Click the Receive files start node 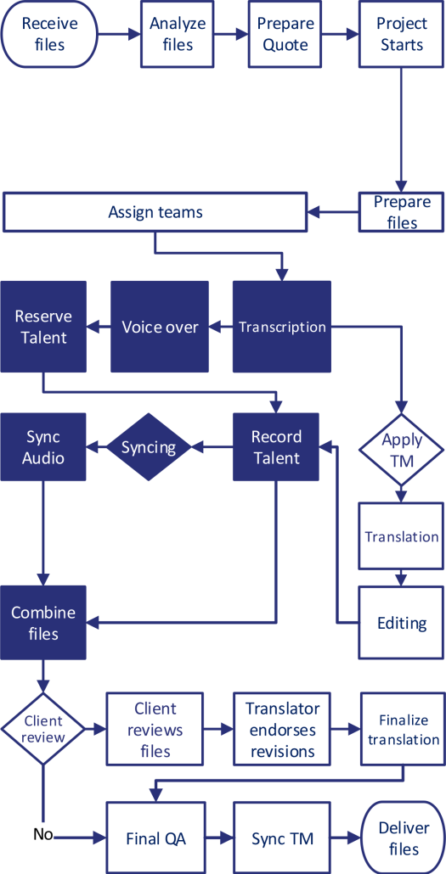(x=49, y=35)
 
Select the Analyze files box (x=178, y=34)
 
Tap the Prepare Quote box (x=285, y=35)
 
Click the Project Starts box (x=401, y=35)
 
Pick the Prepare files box (x=402, y=212)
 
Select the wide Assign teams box (x=155, y=212)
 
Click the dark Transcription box (x=282, y=327)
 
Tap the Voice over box (x=160, y=327)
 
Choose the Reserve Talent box (x=43, y=327)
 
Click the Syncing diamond (x=149, y=447)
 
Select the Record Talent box (x=276, y=447)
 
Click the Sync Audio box (x=43, y=447)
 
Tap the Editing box (x=401, y=623)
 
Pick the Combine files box (x=43, y=623)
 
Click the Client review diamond (x=43, y=729)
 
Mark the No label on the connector (x=43, y=835)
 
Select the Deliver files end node (x=403, y=838)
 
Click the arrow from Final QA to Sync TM (x=220, y=838)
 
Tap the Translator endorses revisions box (x=282, y=729)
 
